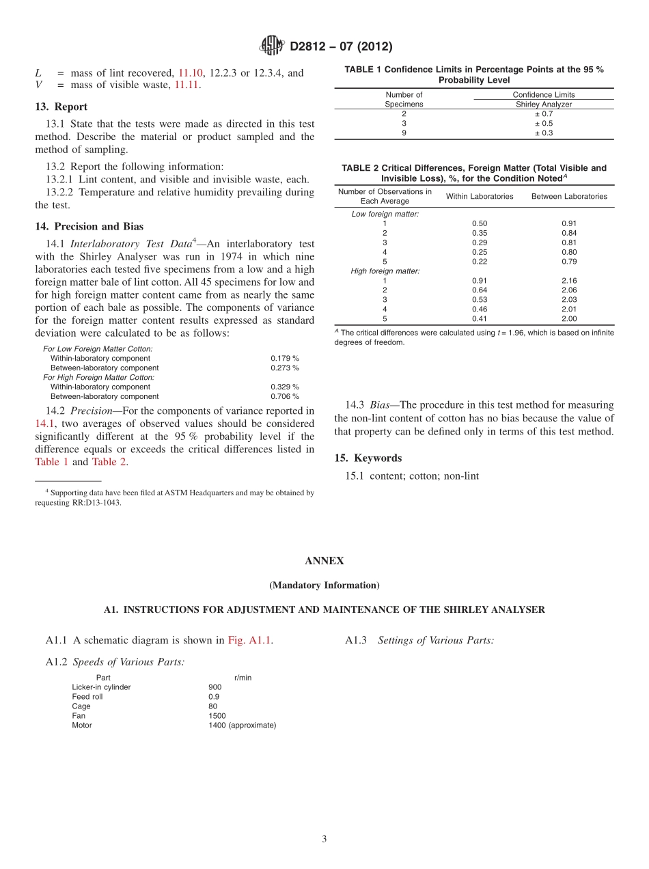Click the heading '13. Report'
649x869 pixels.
coord(61,107)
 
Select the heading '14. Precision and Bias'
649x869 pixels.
coord(89,227)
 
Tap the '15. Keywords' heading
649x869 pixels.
coord(368,458)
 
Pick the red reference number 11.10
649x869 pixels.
coord(191,73)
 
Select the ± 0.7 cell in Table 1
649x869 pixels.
coord(543,114)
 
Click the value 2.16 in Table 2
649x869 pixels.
coord(568,281)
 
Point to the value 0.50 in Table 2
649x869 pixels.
coord(479,223)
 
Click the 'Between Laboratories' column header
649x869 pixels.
coord(568,197)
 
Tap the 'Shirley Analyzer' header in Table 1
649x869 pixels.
coord(543,105)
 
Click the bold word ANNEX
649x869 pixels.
coord(324,561)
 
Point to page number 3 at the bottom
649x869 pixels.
coord(324,839)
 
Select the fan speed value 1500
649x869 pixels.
coord(217,716)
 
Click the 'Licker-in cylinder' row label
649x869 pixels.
coord(101,687)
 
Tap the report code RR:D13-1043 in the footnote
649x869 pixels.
coord(92,502)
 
